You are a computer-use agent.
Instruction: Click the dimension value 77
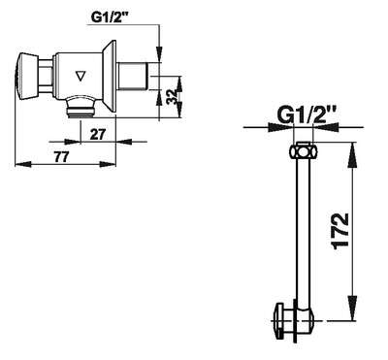pos(61,157)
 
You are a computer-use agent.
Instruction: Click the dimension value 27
pos(98,134)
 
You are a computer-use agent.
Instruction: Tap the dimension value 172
pos(340,231)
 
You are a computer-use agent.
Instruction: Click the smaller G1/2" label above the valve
pos(109,16)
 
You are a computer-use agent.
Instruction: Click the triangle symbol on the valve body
pos(81,76)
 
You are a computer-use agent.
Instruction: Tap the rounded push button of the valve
pos(27,76)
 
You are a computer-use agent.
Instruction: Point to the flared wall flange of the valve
pos(110,77)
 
